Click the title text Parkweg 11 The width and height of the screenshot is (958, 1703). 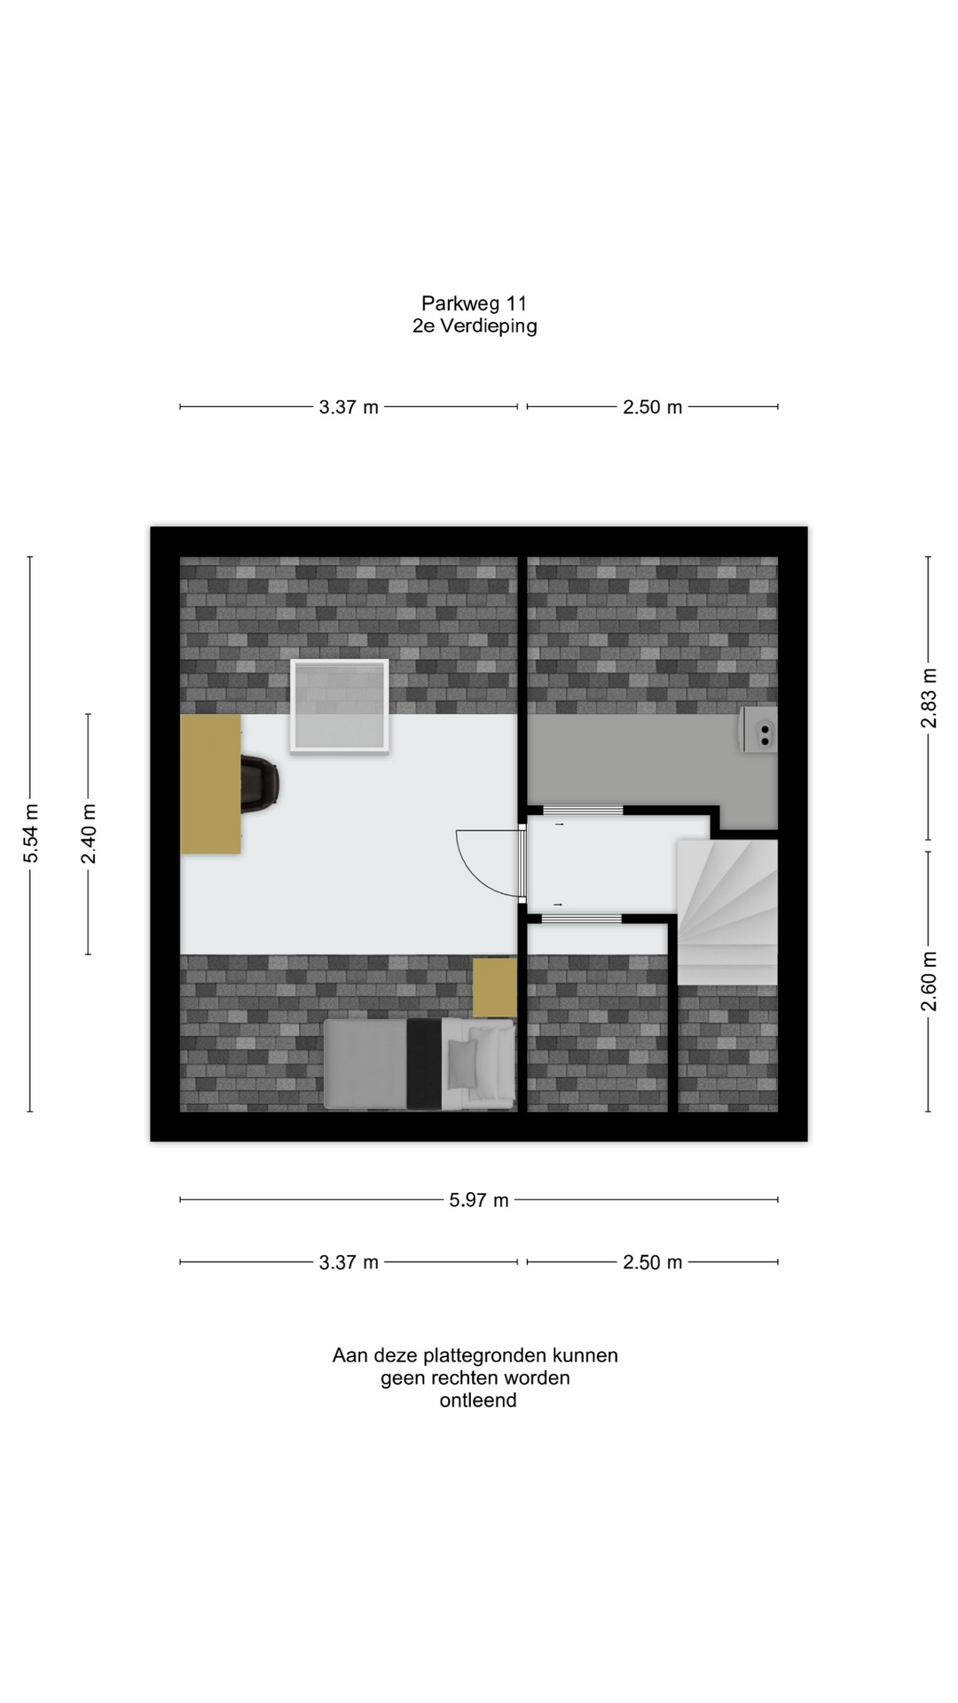pyautogui.click(x=474, y=303)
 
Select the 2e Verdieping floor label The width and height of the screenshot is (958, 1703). pyautogui.click(x=475, y=326)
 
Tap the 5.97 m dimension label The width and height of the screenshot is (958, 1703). pyautogui.click(x=479, y=1200)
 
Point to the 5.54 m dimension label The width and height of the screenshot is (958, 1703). pyautogui.click(x=31, y=833)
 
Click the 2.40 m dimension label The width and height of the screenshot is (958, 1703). pyautogui.click(x=88, y=834)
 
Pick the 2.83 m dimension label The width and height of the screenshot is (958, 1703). pyautogui.click(x=928, y=698)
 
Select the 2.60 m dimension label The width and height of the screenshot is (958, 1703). pyautogui.click(x=928, y=981)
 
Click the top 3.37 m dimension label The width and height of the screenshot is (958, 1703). pyautogui.click(x=349, y=407)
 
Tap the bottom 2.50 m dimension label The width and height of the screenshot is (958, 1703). pyautogui.click(x=653, y=1262)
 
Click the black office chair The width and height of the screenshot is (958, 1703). pyautogui.click(x=260, y=783)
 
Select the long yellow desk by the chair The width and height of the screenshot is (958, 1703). pyautogui.click(x=211, y=784)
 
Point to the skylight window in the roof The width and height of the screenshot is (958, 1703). pyautogui.click(x=340, y=707)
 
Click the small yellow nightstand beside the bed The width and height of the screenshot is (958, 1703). pyautogui.click(x=494, y=987)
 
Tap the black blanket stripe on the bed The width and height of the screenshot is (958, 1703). pyautogui.click(x=424, y=1063)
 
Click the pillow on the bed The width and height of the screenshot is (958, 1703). pyautogui.click(x=462, y=1063)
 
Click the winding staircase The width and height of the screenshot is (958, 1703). pyautogui.click(x=727, y=912)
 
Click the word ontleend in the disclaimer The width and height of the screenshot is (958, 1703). pyautogui.click(x=478, y=1401)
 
